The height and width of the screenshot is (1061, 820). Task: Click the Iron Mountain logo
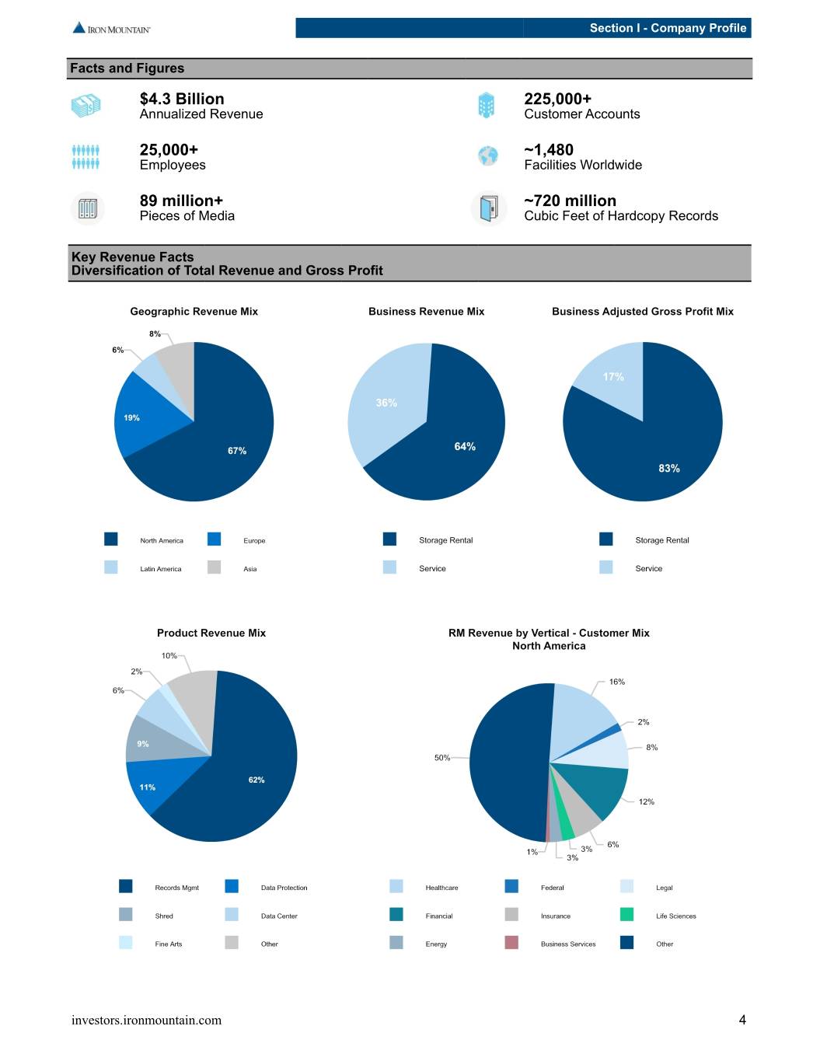point(111,28)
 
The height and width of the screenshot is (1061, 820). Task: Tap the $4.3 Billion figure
point(182,99)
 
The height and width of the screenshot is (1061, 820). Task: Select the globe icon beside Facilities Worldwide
point(487,156)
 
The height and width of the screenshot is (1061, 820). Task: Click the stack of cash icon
point(86,106)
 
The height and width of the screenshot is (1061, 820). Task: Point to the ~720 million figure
point(570,201)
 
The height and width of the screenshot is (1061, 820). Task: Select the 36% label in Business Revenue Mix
point(386,403)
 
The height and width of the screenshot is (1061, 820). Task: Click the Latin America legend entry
point(142,568)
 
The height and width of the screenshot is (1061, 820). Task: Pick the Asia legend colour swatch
point(214,567)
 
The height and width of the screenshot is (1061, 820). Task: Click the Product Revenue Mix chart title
point(211,633)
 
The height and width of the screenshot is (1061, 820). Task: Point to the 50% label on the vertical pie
point(442,758)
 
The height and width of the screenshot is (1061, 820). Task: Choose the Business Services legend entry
point(550,944)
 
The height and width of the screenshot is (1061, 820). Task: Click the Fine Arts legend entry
point(150,944)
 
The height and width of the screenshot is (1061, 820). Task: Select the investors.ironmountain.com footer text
point(146,1020)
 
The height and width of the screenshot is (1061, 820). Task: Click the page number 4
point(742,1020)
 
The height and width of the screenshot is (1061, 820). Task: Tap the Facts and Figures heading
point(127,68)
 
